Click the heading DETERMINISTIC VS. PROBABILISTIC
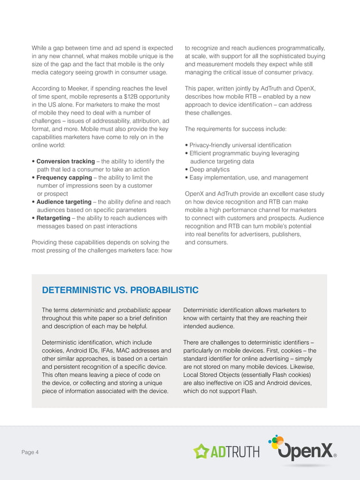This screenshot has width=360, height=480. (x=120, y=290)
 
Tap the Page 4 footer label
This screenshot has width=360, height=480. (x=30, y=452)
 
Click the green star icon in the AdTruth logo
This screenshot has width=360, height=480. (x=201, y=451)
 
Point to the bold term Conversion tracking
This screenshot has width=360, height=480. (x=65, y=161)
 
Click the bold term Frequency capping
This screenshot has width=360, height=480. (x=64, y=178)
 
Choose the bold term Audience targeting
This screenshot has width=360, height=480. (x=64, y=202)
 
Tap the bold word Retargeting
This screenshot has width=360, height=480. (x=55, y=218)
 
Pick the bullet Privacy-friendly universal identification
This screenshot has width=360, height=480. (x=240, y=145)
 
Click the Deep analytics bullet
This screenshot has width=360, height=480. (x=209, y=169)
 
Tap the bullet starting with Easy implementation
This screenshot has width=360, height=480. (x=248, y=178)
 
